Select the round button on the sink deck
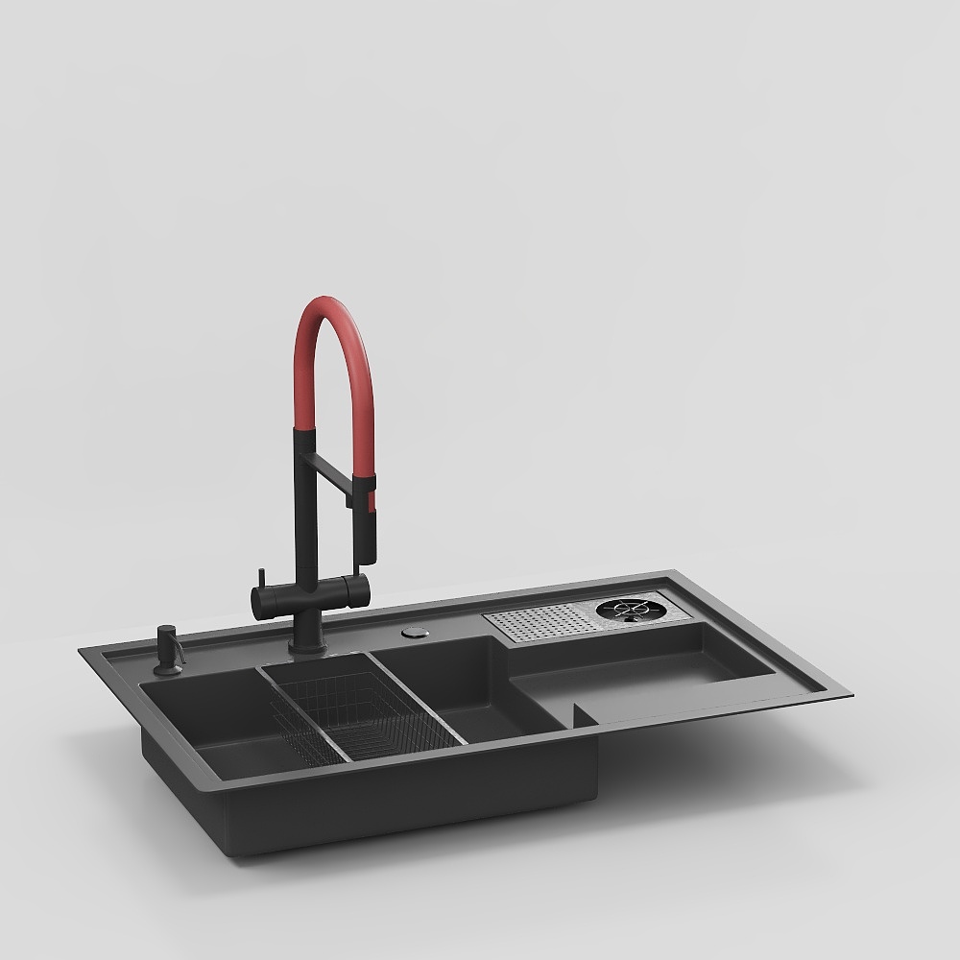coord(417,632)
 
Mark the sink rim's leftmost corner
coord(81,651)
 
